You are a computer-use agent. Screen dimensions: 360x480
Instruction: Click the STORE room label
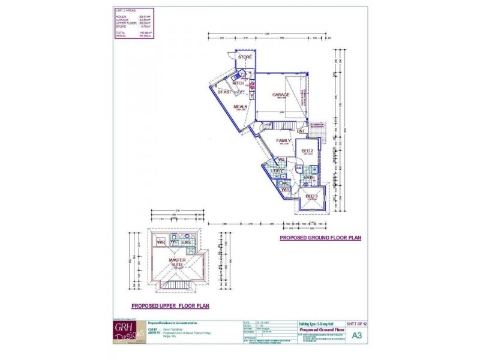[245, 57]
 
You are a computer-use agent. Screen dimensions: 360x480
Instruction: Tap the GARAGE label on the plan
[281, 94]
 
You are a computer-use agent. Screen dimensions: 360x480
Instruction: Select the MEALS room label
[241, 106]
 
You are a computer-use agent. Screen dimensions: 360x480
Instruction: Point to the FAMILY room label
[283, 140]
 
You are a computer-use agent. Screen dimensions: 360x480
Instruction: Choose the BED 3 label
[311, 196]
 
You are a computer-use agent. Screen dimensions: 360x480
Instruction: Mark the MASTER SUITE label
[176, 262]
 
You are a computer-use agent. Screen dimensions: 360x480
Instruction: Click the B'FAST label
[224, 92]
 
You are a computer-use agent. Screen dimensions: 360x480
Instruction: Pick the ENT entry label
[301, 131]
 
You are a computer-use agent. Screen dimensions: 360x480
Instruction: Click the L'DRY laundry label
[278, 172]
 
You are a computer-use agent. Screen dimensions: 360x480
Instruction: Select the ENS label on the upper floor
[187, 242]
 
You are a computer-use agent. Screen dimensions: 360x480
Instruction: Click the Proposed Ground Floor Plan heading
[320, 238]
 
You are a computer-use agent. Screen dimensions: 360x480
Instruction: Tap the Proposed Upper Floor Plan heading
[170, 305]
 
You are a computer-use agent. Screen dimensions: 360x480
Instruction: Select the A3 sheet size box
[356, 335]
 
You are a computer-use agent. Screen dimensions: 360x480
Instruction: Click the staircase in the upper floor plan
[175, 284]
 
